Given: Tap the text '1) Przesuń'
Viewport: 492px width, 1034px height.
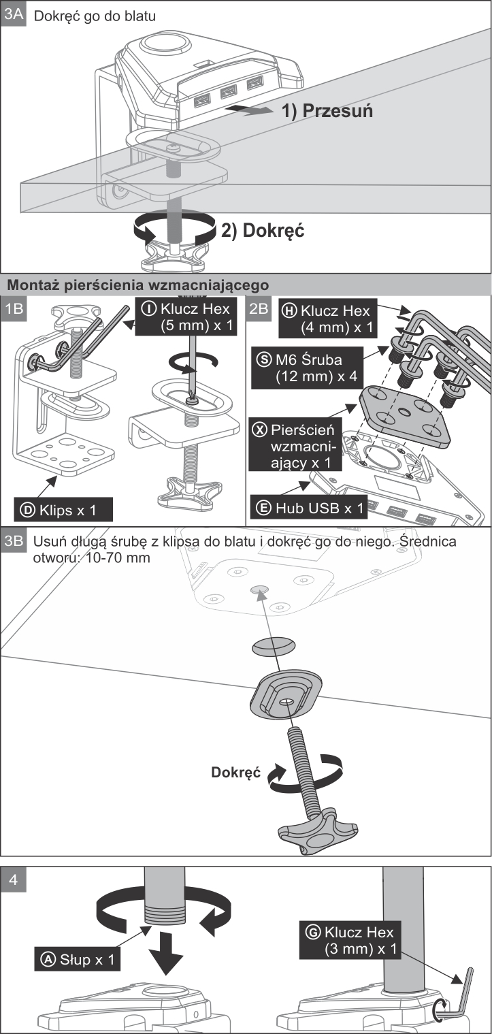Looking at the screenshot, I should (327, 110).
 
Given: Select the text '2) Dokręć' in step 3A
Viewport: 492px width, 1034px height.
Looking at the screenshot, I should (263, 230).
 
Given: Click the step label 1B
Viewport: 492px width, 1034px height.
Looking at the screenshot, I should (14, 307).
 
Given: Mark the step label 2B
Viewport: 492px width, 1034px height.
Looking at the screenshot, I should (258, 307).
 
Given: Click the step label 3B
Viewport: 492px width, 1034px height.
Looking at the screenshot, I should (14, 540).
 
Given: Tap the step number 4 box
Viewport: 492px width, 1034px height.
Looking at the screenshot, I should (14, 878).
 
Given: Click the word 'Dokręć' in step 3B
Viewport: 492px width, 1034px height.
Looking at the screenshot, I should (236, 773).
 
